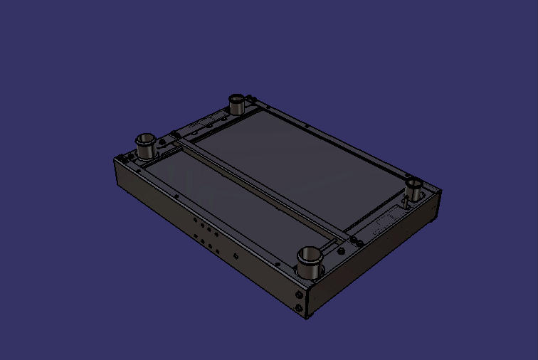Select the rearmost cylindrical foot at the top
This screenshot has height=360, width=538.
tap(237, 104)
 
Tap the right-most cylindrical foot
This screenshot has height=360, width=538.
tap(415, 190)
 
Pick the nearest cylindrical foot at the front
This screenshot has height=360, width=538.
tap(310, 263)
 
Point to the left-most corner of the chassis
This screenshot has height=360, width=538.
tap(115, 159)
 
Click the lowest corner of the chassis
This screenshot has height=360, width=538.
tap(307, 317)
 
